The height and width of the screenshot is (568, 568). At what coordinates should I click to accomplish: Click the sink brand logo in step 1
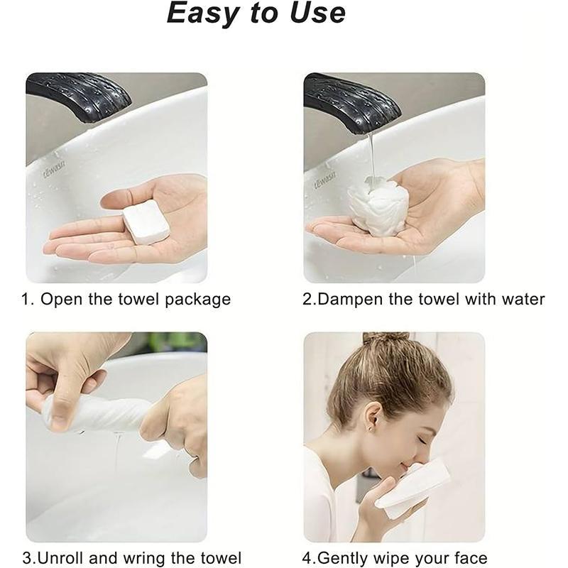point(55,169)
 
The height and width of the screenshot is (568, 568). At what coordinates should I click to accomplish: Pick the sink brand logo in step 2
point(324,179)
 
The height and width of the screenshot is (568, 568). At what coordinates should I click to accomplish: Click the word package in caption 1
point(197,300)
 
